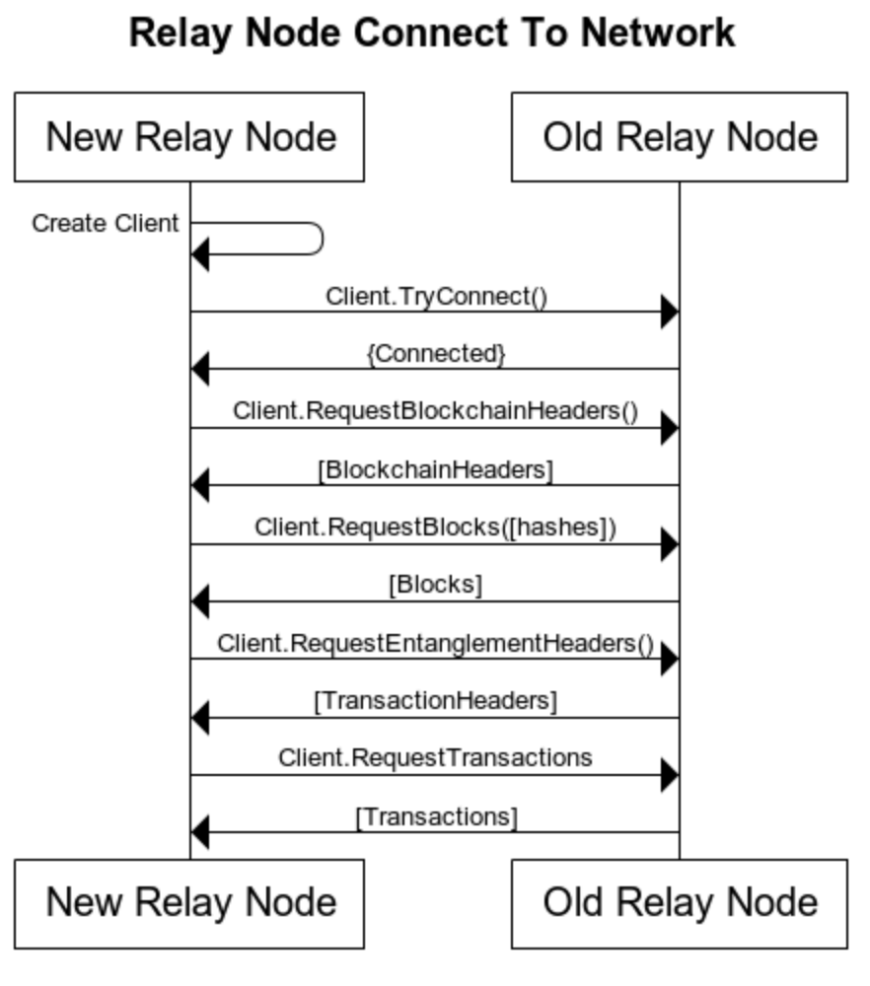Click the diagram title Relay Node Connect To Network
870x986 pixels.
(x=432, y=33)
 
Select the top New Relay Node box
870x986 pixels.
(x=189, y=137)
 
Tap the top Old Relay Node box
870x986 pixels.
(x=679, y=137)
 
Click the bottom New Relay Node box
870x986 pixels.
(x=189, y=903)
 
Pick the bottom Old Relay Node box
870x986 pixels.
(x=679, y=903)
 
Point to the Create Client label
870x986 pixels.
(x=106, y=224)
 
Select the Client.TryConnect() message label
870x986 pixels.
(x=435, y=296)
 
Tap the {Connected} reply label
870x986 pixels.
(x=435, y=354)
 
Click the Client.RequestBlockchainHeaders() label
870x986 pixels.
(x=435, y=411)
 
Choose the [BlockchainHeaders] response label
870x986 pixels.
(x=435, y=470)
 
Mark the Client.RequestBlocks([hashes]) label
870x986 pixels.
(x=435, y=528)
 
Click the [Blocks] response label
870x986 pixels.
(x=435, y=585)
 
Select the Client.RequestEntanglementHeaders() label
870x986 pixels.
(x=435, y=644)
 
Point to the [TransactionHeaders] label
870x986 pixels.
(x=435, y=702)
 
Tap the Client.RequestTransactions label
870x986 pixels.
(x=435, y=758)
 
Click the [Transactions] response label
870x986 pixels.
(x=435, y=817)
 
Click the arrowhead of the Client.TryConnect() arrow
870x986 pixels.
(x=670, y=313)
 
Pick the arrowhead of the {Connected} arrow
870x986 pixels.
(x=199, y=370)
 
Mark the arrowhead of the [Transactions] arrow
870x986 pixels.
(x=199, y=833)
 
